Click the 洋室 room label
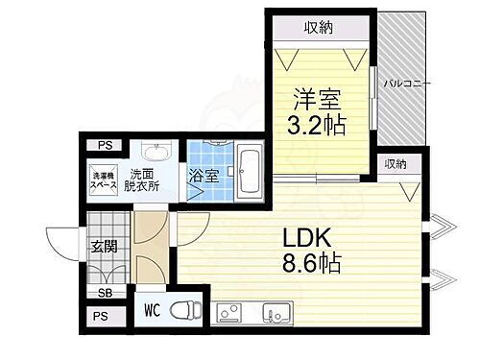point(314,99)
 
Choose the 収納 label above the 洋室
point(320,27)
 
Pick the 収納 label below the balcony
point(395,164)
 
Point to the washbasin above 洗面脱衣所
point(155,153)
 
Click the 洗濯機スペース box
point(103,180)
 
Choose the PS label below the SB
point(101,316)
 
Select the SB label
point(103,293)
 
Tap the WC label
point(152,310)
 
